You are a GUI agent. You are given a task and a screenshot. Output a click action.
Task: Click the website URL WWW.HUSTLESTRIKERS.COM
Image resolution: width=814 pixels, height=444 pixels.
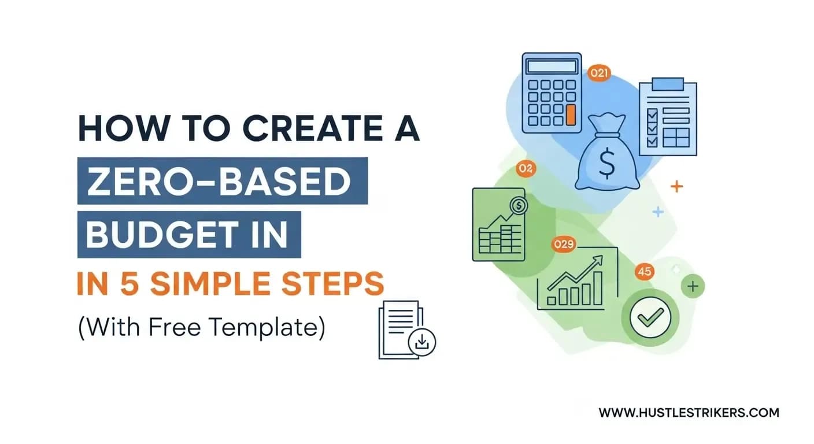(x=689, y=413)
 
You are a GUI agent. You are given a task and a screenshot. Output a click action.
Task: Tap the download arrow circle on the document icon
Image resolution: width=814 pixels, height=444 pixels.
(x=422, y=342)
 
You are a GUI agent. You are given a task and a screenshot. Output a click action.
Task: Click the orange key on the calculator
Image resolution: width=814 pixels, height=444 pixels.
(x=571, y=115)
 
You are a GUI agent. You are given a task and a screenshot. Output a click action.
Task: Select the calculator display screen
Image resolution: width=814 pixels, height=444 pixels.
(x=552, y=66)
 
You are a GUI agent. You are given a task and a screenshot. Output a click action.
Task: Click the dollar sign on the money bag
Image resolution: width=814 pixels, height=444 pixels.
(x=606, y=164)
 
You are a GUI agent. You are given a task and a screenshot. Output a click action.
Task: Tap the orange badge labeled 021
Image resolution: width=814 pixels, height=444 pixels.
(x=599, y=73)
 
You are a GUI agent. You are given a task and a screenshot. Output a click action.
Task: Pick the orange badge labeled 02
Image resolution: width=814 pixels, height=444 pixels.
(x=526, y=169)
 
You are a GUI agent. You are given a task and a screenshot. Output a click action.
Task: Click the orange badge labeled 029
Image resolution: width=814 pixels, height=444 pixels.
(x=564, y=244)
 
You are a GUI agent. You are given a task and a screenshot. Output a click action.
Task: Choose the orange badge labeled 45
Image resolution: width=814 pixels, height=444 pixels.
(x=644, y=271)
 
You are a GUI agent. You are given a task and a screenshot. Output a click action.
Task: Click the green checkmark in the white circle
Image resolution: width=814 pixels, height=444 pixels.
(x=650, y=317)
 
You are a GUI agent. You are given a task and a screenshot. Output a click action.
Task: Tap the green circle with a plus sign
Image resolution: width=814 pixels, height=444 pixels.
(x=693, y=286)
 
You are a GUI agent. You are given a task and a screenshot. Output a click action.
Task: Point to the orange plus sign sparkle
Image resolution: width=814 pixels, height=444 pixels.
(x=676, y=186)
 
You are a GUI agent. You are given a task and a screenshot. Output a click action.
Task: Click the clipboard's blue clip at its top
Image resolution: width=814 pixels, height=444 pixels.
(x=668, y=84)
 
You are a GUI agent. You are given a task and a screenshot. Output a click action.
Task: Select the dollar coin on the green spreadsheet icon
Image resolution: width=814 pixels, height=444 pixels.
(x=519, y=206)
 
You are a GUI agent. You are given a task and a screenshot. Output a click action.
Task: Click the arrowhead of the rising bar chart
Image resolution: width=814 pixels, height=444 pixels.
(x=598, y=260)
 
